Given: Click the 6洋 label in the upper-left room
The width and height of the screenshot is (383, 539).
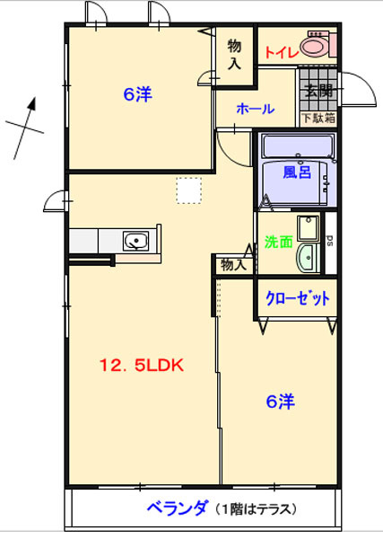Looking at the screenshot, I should (136, 93).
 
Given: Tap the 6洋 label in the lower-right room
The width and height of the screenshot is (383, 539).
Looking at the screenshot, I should (280, 402).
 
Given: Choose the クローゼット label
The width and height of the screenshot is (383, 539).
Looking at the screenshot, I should (297, 297).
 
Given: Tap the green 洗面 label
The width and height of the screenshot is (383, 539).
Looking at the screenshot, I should (278, 242).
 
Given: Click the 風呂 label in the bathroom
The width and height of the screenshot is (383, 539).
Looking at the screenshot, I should (296, 172).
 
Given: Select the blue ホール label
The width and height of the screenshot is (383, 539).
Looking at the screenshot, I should (255, 109).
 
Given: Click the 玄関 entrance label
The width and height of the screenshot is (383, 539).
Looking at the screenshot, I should (318, 91).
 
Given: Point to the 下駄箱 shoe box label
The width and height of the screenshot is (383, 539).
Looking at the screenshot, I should (318, 117).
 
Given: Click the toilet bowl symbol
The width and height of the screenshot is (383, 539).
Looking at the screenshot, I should (316, 46).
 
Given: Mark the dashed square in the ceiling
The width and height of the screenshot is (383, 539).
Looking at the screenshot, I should (188, 190).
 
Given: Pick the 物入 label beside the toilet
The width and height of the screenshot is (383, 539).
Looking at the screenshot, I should (234, 53).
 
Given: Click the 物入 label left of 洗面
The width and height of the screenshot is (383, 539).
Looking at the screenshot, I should (233, 264).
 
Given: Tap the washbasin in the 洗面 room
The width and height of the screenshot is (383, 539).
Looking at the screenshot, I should (308, 254).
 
